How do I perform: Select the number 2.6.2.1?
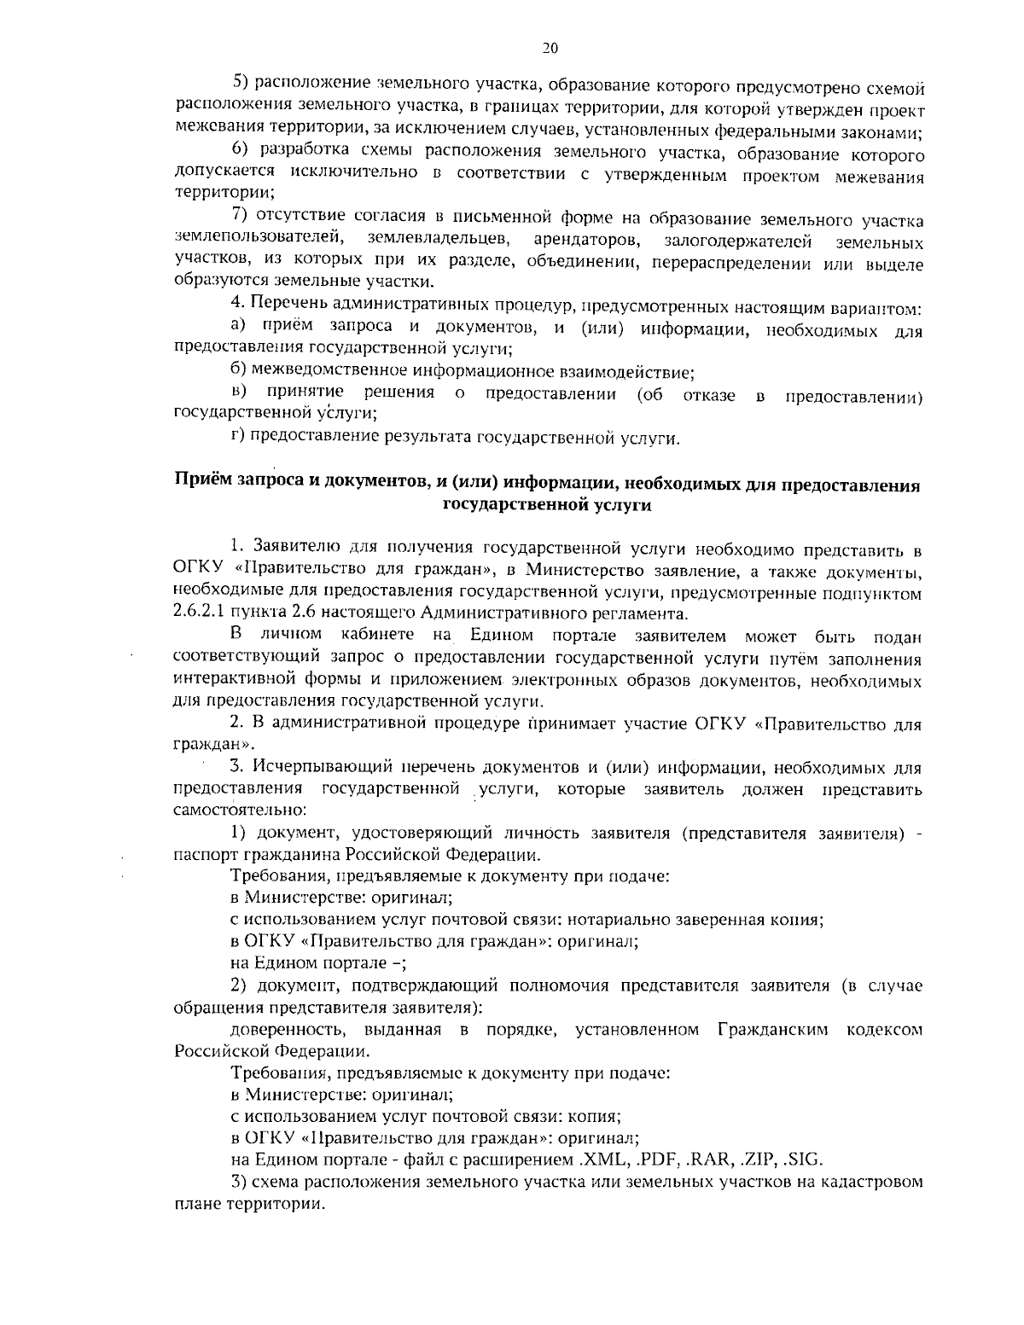click(x=201, y=613)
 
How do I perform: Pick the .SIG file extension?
click(x=804, y=1159)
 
